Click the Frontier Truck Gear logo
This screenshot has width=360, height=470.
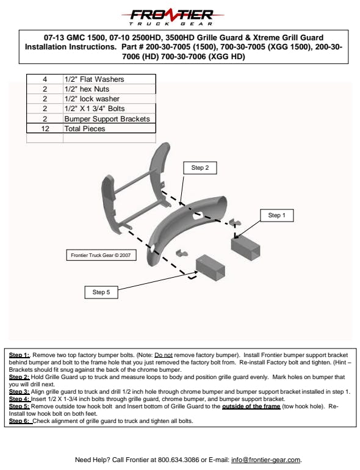[172, 17]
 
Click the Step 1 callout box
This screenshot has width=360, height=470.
[276, 215]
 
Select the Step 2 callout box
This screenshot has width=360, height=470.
[200, 168]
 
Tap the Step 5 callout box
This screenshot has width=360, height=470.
[101, 292]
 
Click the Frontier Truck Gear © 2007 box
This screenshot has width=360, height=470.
[101, 255]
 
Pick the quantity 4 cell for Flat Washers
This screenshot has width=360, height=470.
[45, 79]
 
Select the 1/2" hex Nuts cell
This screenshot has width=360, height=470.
[109, 89]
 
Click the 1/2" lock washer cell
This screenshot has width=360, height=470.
[109, 99]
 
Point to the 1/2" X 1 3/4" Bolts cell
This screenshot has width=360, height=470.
[109, 109]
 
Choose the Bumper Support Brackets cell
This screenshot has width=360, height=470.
[109, 118]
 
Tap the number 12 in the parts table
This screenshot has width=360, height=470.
[45, 129]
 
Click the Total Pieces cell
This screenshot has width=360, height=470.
[109, 129]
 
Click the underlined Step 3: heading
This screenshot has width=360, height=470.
[19, 392]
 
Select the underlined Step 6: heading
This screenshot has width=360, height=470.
[21, 421]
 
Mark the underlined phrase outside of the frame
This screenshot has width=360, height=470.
[251, 407]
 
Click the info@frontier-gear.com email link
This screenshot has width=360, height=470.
[265, 460]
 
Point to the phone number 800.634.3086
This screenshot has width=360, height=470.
[179, 460]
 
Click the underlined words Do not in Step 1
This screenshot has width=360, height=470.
[164, 355]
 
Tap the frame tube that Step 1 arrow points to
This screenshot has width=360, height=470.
[245, 248]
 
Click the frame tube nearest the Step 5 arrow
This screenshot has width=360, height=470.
[211, 268]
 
